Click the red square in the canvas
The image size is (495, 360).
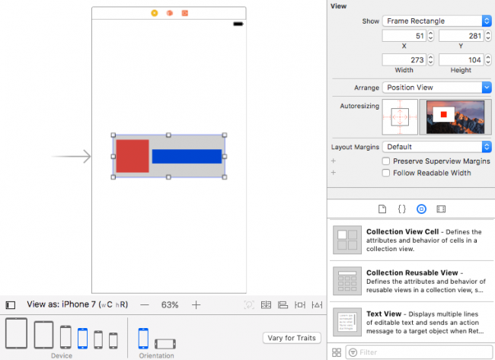(x=132, y=156)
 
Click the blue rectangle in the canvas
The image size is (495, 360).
(x=187, y=156)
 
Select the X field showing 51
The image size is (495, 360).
(x=403, y=36)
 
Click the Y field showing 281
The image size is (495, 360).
(x=460, y=36)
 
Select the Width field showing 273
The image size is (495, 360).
(x=403, y=59)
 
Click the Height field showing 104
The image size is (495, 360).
(x=460, y=59)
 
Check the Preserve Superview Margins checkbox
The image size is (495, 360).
(x=386, y=161)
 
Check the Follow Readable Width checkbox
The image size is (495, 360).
(x=386, y=173)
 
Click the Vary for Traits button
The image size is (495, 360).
(x=292, y=338)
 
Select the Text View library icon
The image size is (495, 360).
(x=347, y=320)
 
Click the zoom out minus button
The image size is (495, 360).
(x=145, y=304)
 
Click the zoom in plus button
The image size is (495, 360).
(x=196, y=304)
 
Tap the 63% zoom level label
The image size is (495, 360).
(x=170, y=304)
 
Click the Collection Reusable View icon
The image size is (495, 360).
(x=347, y=280)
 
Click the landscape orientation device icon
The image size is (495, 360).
(x=165, y=342)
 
